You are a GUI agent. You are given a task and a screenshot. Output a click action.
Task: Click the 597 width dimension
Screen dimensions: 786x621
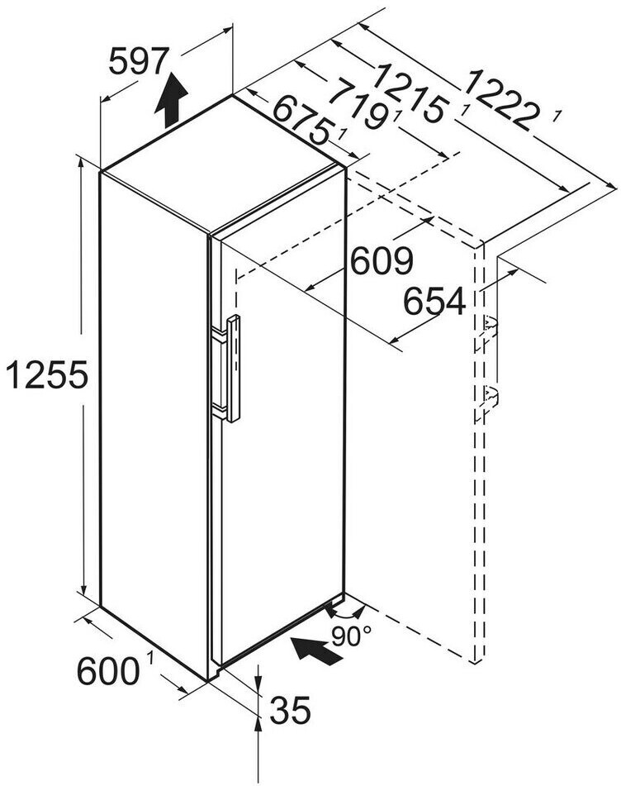pos(139,61)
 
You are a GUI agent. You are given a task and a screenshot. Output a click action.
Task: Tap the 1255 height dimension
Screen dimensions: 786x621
pos(46,376)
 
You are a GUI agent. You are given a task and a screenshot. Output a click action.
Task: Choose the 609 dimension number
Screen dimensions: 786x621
pos(381,261)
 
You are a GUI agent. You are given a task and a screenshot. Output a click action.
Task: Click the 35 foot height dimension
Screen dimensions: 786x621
pos(289,708)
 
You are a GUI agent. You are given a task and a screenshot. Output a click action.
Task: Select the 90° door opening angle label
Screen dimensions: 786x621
pos(352,636)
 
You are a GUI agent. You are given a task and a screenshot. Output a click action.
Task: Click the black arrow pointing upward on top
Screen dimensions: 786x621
pos(172,98)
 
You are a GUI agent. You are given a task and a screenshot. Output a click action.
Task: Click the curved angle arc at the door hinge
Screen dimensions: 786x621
pos(345,612)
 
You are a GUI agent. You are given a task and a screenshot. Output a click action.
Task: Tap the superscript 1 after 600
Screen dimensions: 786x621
pos(151,659)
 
